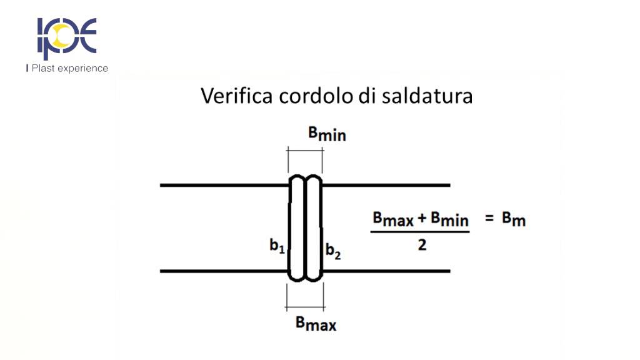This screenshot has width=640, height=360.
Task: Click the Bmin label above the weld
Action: tap(327, 134)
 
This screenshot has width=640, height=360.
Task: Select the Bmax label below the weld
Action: tap(316, 324)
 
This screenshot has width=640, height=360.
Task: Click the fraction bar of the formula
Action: tap(419, 232)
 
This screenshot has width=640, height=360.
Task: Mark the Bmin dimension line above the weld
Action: tap(305, 151)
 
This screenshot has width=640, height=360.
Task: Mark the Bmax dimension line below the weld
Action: tap(304, 307)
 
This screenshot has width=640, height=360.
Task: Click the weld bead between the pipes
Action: tap(304, 227)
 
